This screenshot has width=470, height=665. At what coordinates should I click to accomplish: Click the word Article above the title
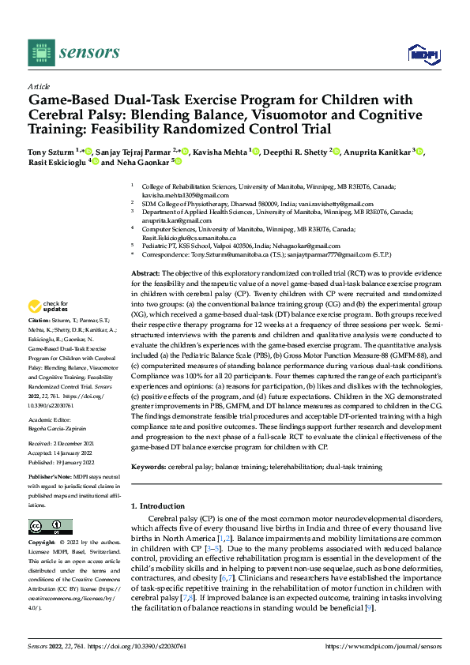coord(39,86)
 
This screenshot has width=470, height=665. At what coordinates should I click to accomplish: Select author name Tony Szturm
coord(51,151)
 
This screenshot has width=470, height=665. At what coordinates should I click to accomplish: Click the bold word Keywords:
coord(149,467)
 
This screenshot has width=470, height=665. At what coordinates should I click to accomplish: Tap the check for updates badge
coord(50,329)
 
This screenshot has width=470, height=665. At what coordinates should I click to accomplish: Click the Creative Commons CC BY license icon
coord(45,527)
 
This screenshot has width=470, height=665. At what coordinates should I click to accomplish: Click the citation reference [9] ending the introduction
coord(369,608)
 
